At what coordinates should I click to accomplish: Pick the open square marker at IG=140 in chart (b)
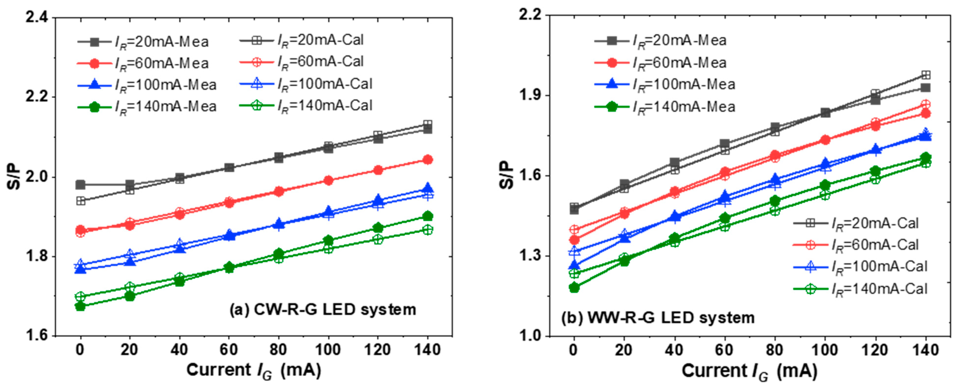[x=925, y=75]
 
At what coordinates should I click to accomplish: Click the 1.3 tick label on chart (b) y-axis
[x=529, y=256]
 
